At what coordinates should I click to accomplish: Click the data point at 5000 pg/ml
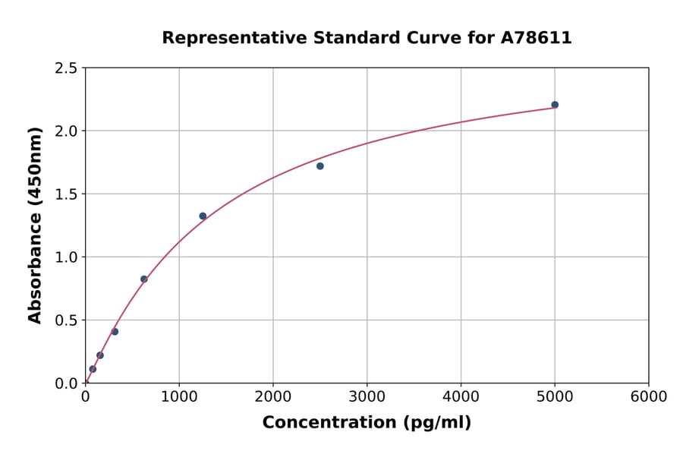coord(555,105)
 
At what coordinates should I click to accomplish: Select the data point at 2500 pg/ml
coord(320,166)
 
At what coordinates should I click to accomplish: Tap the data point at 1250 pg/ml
coord(203,216)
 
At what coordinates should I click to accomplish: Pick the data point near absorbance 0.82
coord(144,279)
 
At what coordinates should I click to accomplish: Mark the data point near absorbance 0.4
coord(115,332)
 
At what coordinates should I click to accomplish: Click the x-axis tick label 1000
coord(179,397)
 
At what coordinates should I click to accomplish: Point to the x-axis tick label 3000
coord(367,397)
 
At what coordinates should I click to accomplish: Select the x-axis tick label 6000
coord(649,397)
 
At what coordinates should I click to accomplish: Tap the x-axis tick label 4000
coord(461,397)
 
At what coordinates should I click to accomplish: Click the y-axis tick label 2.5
coord(66,68)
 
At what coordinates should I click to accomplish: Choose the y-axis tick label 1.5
coord(66,194)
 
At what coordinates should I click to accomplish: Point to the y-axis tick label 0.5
coord(66,320)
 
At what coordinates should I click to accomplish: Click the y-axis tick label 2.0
coord(66,131)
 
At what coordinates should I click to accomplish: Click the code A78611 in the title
coord(537,38)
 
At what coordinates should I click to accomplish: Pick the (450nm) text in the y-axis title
coord(35,168)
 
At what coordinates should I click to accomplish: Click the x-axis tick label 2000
coord(273,397)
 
